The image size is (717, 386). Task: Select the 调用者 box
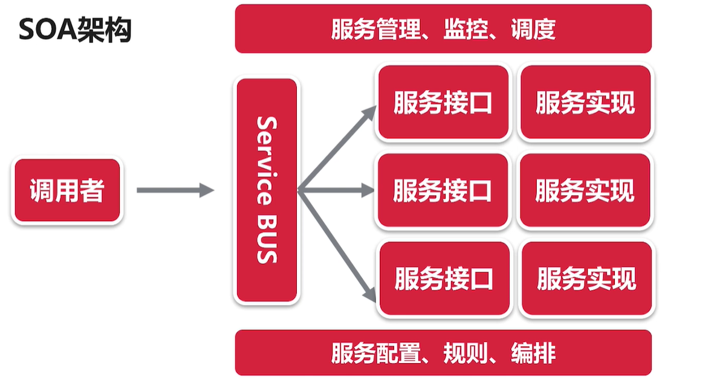[x=67, y=191]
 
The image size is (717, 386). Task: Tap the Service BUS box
[x=267, y=190]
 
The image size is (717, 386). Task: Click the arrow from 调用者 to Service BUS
[x=175, y=191]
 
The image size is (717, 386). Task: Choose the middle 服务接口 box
[x=443, y=191]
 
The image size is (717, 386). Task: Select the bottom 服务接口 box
[x=444, y=279]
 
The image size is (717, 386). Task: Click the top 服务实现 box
[x=585, y=103]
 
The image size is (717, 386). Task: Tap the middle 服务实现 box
[x=585, y=191]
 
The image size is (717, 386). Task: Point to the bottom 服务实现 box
[x=586, y=279]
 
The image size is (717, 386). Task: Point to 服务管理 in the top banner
[x=375, y=29]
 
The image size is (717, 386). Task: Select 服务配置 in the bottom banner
[x=375, y=353]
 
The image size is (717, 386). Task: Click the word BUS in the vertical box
[x=267, y=239]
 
